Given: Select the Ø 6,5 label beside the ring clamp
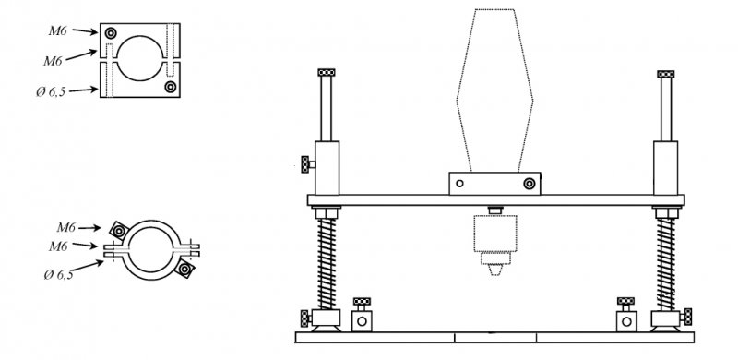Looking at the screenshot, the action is (59, 274).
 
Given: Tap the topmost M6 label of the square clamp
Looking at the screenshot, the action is (58, 31).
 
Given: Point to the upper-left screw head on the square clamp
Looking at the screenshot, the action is (111, 33).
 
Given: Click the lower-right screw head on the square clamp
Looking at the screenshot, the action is (171, 87).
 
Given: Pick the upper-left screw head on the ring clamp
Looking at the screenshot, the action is (120, 231).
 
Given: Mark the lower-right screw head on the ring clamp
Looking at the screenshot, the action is (184, 269).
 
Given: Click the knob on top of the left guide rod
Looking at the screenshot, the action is (327, 73).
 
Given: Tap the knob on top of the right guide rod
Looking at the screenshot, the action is (665, 74).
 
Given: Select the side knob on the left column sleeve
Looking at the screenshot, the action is (306, 164).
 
